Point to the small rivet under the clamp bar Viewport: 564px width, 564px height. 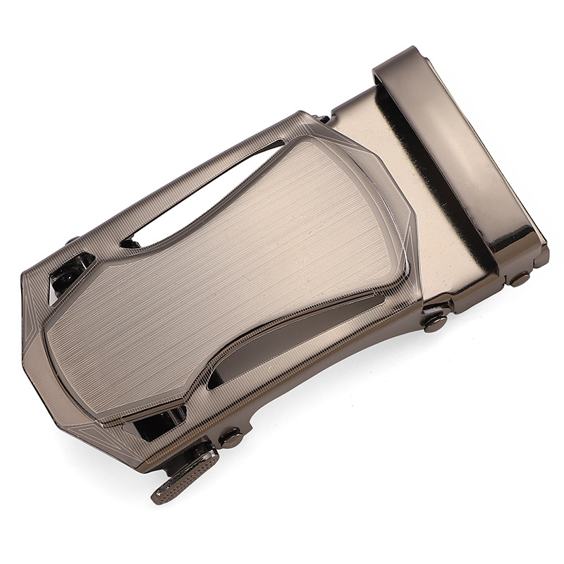pos(520,278)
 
